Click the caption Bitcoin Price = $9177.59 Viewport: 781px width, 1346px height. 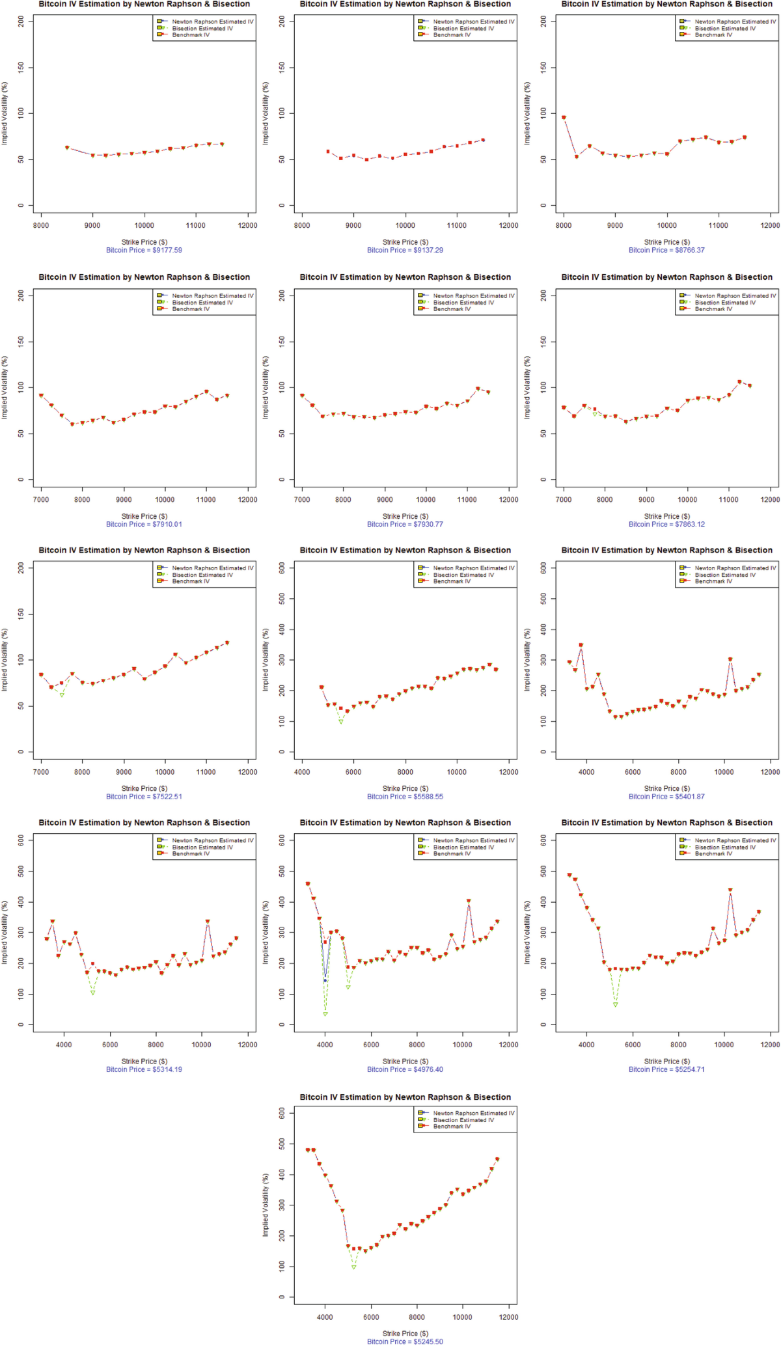click(x=144, y=250)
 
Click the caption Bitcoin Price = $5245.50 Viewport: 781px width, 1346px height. click(x=405, y=1341)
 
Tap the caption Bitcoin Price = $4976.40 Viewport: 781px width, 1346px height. click(x=405, y=1069)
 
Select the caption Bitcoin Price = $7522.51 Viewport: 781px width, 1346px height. click(x=144, y=796)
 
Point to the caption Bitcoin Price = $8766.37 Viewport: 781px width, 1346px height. click(x=666, y=250)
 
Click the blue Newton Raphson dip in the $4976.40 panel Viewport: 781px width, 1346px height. click(x=325, y=980)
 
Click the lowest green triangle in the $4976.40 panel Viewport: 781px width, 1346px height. click(x=325, y=1014)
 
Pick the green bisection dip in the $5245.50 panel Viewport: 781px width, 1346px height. click(x=353, y=1267)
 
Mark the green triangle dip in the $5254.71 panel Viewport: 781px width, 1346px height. click(x=615, y=1005)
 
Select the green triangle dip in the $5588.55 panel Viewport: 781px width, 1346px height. click(x=340, y=722)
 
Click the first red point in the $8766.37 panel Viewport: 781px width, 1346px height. click(x=564, y=118)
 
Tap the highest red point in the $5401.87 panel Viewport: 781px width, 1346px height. click(x=581, y=645)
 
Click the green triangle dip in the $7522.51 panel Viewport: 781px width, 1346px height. click(x=62, y=695)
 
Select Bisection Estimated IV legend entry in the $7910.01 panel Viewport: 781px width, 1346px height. click(x=202, y=303)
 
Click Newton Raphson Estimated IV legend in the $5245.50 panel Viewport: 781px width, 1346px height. click(x=473, y=1113)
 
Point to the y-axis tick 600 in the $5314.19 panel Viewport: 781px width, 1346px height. click(x=22, y=840)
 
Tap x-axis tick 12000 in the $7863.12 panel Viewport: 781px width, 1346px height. click(x=770, y=500)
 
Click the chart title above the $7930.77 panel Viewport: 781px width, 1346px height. click(x=405, y=277)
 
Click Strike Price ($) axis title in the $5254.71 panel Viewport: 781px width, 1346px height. click(x=666, y=1061)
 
